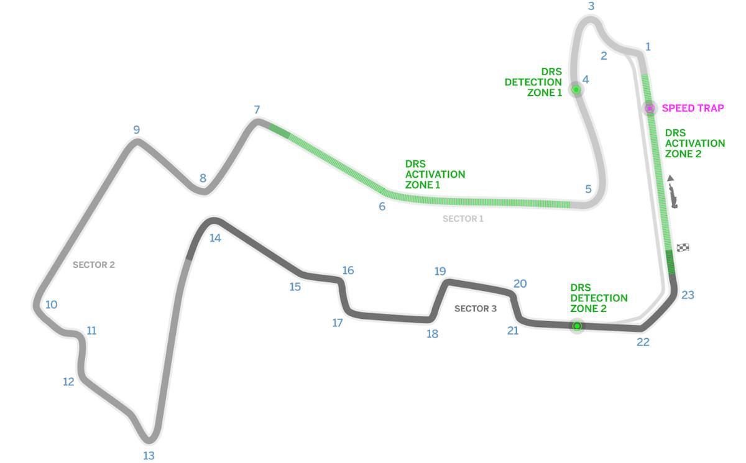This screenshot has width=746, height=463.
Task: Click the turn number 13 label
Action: [x=149, y=456]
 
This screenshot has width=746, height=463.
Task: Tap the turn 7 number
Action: [x=257, y=109]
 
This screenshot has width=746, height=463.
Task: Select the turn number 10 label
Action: [x=51, y=305]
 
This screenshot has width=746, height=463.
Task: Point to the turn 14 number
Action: [x=215, y=238]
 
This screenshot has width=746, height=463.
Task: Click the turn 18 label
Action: [x=432, y=334]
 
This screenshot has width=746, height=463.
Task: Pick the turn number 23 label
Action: [x=688, y=295]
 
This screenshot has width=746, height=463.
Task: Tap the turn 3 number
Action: [x=591, y=6]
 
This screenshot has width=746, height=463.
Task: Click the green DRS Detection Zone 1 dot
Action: [x=576, y=89]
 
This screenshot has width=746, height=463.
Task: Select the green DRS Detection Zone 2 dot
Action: [x=577, y=326]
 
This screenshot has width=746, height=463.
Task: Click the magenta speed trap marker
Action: [x=650, y=108]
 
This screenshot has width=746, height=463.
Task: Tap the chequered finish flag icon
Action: [x=683, y=247]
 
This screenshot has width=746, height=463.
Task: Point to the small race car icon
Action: [x=673, y=197]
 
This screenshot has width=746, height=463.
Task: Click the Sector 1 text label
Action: [x=463, y=219]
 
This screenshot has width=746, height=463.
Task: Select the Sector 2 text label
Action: [x=94, y=265]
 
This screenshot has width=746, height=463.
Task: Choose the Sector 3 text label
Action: [x=476, y=308]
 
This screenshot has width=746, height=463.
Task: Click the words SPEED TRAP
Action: [x=693, y=108]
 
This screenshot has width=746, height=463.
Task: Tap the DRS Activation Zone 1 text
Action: [x=435, y=175]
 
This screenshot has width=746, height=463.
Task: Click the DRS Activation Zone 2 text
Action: [x=695, y=144]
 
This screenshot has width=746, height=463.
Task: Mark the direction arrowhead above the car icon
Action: [x=671, y=178]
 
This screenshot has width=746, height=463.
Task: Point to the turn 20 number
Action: [x=520, y=283]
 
